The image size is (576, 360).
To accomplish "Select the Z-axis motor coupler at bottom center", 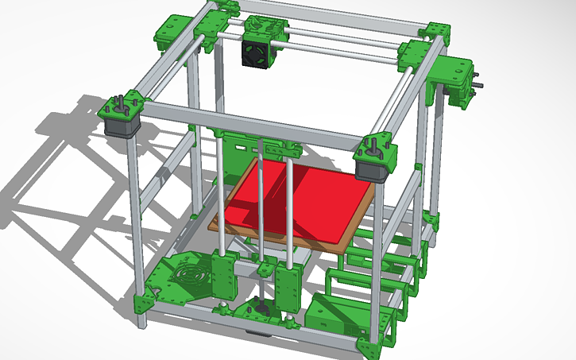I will [259, 306].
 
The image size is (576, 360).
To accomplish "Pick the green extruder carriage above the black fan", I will [261, 28].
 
